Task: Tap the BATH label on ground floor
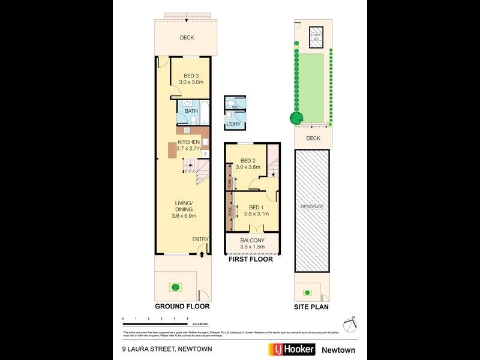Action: pos(191,111)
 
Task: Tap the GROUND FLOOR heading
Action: pos(182,306)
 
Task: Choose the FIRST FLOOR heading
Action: pos(250,259)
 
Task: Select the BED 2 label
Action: pos(248,160)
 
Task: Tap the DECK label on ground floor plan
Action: pos(187,38)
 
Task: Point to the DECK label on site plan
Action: pos(313,138)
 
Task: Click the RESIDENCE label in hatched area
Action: pos(312,207)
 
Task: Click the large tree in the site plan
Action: pos(295,118)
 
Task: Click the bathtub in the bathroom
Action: pos(204,112)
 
